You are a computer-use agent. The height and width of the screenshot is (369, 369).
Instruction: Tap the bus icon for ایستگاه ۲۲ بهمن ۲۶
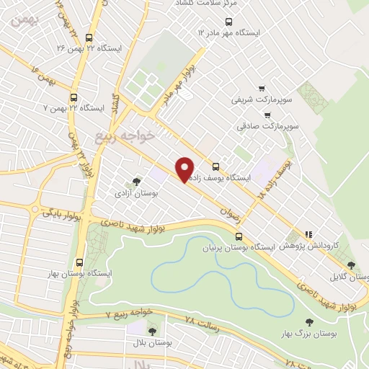(89, 38)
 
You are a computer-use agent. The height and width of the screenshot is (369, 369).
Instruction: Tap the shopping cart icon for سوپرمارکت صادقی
(267, 115)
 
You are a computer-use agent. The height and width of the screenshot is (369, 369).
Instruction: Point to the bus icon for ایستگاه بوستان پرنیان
(239, 236)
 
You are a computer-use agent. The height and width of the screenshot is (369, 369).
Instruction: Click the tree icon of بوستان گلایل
(352, 267)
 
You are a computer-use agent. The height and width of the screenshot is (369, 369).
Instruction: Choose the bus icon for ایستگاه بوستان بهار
(79, 263)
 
